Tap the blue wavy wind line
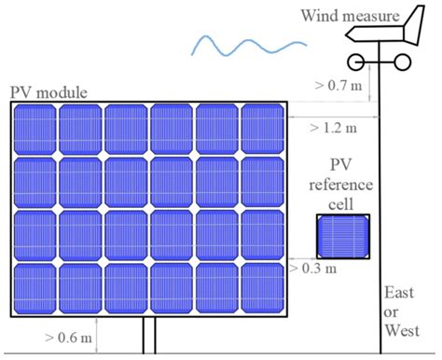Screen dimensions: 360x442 [x=246, y=42]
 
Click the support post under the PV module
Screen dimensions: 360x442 [x=147, y=337]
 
